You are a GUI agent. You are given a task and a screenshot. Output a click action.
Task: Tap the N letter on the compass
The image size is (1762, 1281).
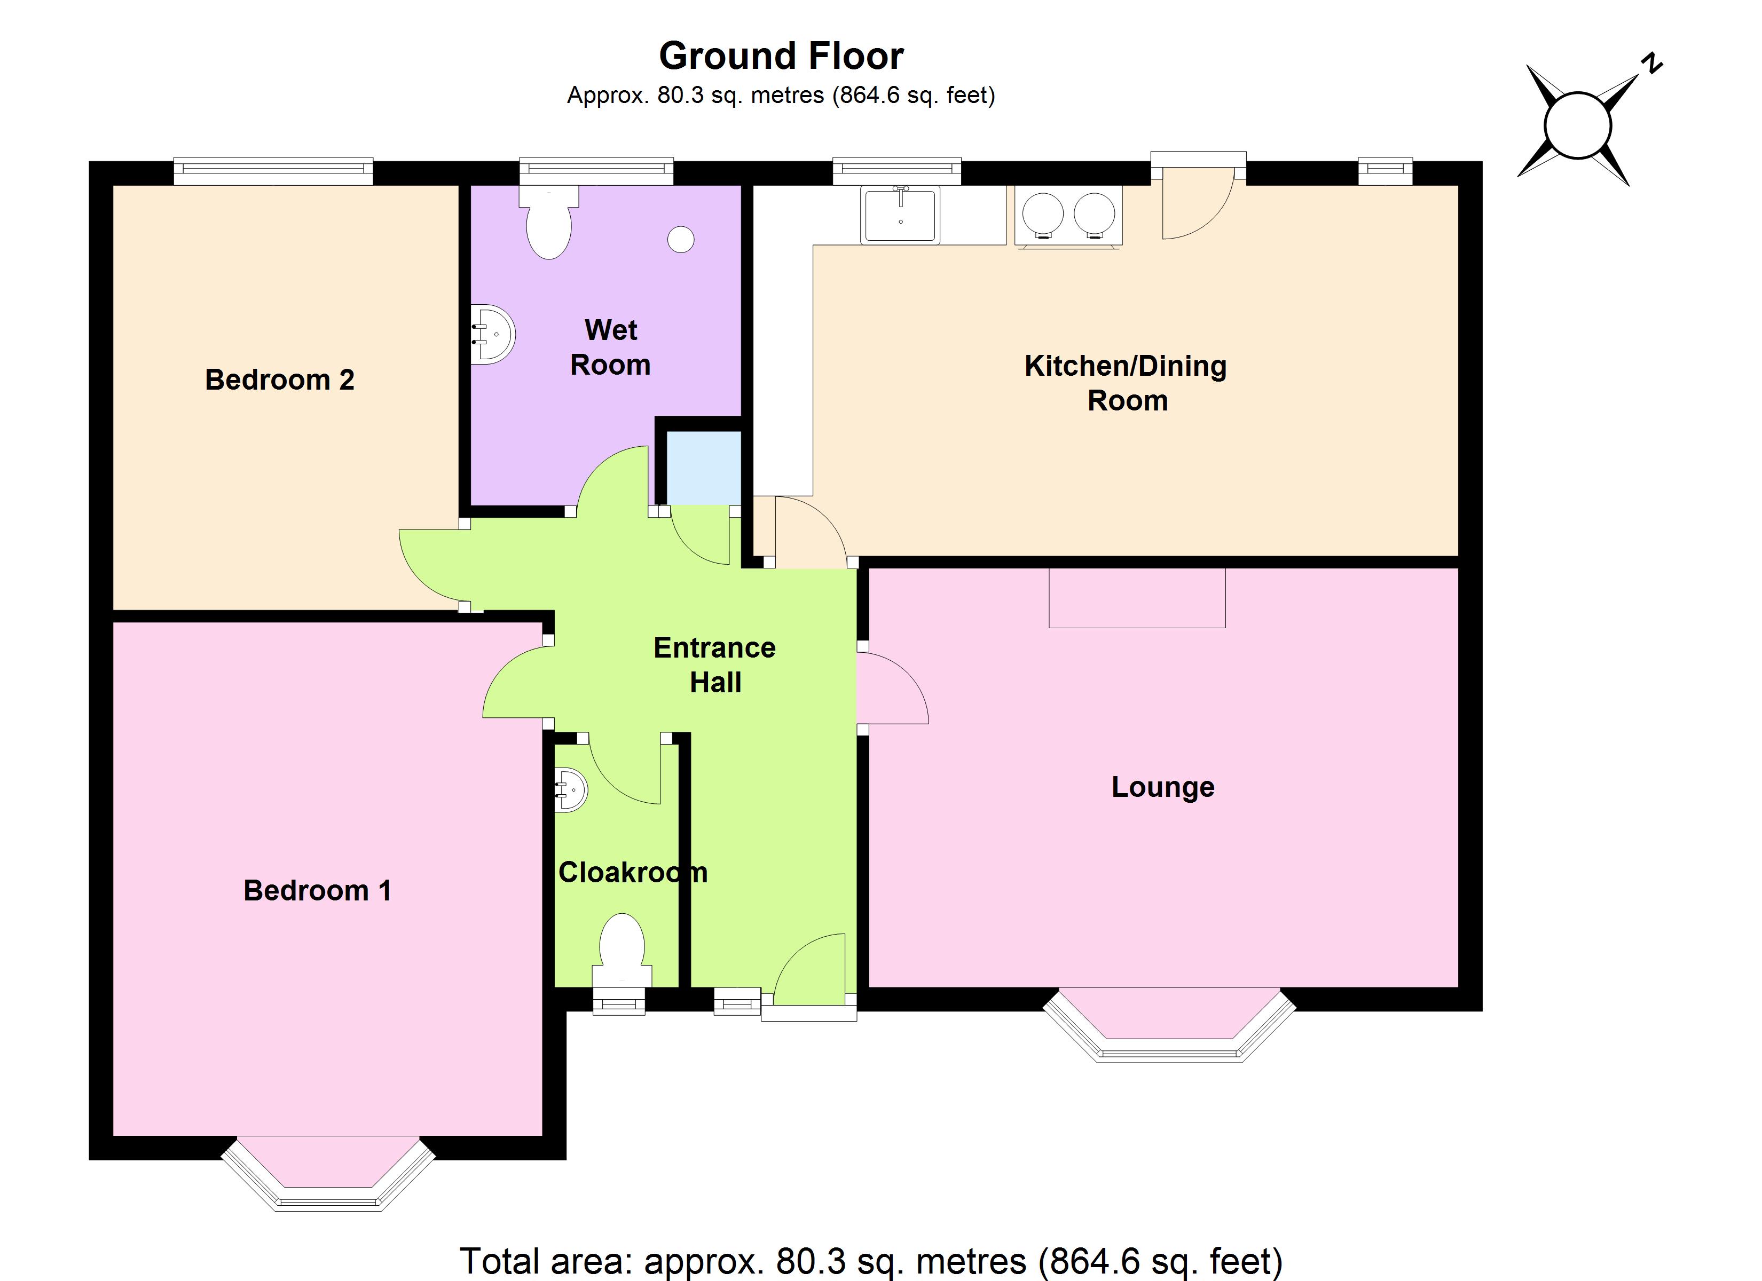(1651, 64)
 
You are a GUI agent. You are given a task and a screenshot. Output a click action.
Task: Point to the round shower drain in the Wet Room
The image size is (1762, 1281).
(681, 239)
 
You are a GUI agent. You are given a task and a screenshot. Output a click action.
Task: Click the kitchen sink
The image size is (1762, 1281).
(900, 215)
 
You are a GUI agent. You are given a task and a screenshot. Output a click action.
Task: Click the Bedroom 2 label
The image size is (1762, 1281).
(280, 380)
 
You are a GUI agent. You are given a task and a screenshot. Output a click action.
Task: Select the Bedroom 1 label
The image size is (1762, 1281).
(317, 890)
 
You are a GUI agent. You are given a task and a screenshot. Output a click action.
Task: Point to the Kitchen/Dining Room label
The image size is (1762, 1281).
(1126, 383)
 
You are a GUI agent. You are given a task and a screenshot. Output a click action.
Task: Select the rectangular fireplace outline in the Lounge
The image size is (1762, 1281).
(1137, 597)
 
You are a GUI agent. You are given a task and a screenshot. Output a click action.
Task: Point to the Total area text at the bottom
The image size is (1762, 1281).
(871, 1261)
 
